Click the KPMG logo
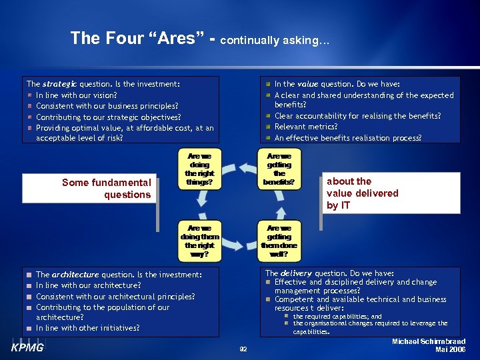tap(27, 347)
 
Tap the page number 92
tap(243, 349)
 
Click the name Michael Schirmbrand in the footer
tap(429, 341)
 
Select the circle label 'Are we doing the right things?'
tap(199, 169)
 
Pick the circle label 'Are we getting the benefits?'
tap(279, 169)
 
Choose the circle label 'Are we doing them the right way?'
tap(199, 241)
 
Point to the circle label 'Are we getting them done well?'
tap(279, 241)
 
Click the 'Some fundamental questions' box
tap(107, 189)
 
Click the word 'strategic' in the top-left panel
tap(59, 85)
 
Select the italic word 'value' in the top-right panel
tap(307, 85)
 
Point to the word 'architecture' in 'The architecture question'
tap(75, 275)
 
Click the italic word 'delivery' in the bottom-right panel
tap(296, 273)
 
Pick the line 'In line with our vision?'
tap(76, 95)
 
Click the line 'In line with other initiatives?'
tap(87, 328)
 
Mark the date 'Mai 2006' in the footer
tap(450, 350)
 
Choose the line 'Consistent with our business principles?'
tap(107, 106)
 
